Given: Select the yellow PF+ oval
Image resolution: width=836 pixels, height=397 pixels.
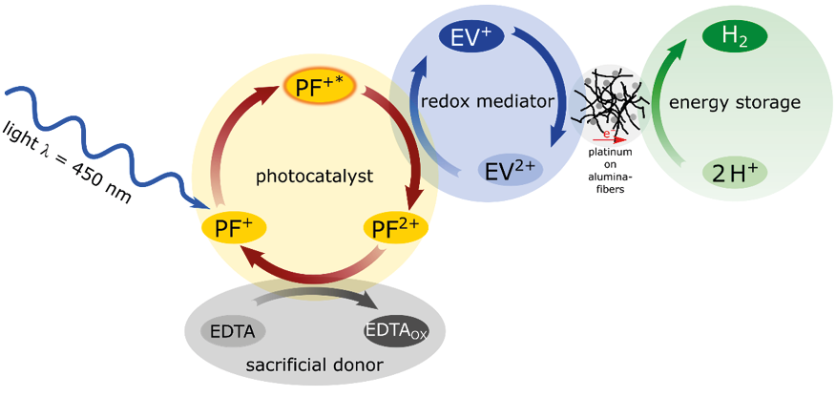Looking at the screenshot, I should [x=233, y=228].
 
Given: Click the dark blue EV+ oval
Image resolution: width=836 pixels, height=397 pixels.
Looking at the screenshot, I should [x=471, y=37].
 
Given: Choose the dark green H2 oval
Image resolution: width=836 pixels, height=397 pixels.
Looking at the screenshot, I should [x=736, y=37].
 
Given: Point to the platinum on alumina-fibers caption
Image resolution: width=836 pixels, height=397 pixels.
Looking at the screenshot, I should [x=607, y=171].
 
